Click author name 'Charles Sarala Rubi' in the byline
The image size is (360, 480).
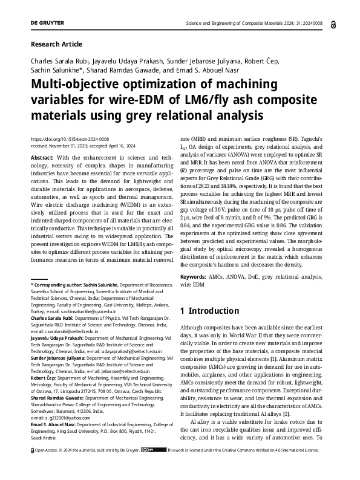[x=59, y=61]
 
